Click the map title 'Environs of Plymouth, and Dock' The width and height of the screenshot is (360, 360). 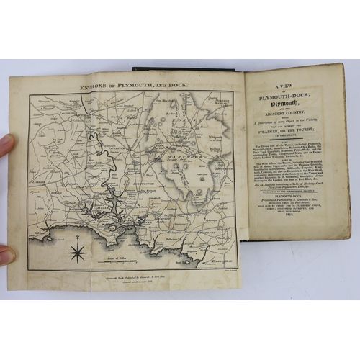coord(127,84)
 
